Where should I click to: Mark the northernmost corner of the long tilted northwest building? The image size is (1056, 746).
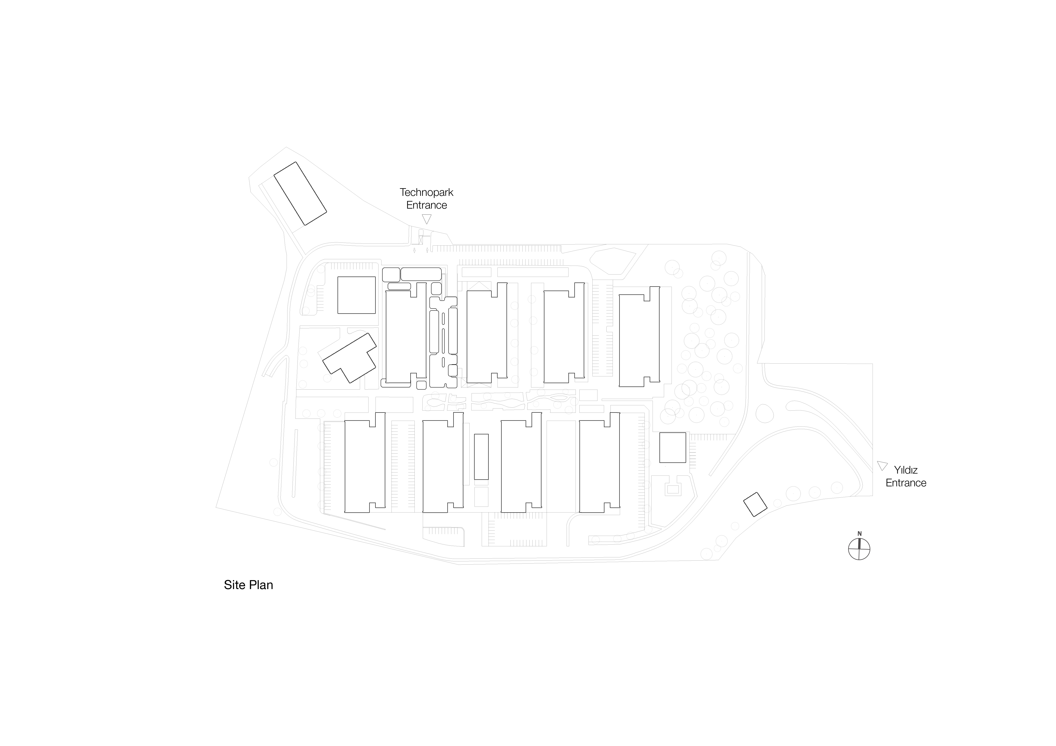295,162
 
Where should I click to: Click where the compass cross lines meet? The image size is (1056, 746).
859,549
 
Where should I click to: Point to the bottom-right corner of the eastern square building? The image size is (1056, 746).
686,462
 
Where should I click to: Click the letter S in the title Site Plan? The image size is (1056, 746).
228,585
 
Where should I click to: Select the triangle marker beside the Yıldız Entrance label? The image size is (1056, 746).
882,465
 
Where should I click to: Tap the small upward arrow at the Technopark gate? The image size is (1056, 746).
427,250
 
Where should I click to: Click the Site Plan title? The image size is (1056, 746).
248,585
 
